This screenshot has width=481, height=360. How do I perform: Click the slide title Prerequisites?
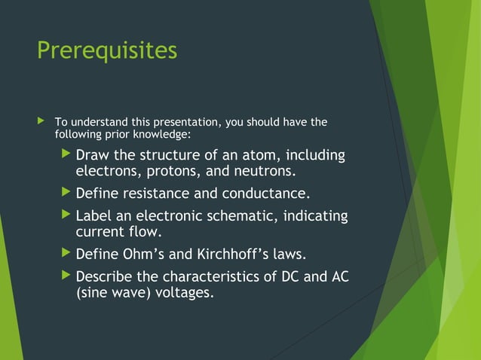(107, 50)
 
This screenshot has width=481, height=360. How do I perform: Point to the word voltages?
(184, 292)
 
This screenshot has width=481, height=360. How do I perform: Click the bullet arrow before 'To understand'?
(41, 121)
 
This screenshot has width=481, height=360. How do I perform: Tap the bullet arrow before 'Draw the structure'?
(66, 155)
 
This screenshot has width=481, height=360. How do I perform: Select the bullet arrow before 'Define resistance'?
(66, 193)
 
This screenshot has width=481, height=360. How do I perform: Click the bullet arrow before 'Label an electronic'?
(66, 216)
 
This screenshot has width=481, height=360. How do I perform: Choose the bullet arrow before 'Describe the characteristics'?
(66, 276)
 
